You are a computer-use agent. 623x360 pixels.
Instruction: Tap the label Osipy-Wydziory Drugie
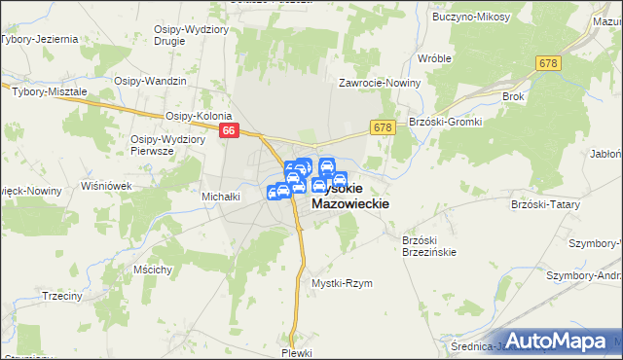click(x=187, y=36)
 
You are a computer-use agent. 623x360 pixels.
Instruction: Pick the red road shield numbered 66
click(x=229, y=130)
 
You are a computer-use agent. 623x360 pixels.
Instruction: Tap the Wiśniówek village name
click(x=106, y=184)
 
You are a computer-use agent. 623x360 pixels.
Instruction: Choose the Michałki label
click(x=221, y=197)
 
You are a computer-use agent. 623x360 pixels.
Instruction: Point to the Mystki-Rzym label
click(x=342, y=283)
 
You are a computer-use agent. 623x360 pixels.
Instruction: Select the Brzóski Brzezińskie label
click(x=429, y=245)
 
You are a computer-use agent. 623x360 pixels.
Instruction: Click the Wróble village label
click(x=434, y=58)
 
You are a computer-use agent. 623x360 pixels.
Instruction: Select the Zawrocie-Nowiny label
click(x=380, y=83)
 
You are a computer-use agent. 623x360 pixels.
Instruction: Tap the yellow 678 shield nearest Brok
click(x=548, y=62)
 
